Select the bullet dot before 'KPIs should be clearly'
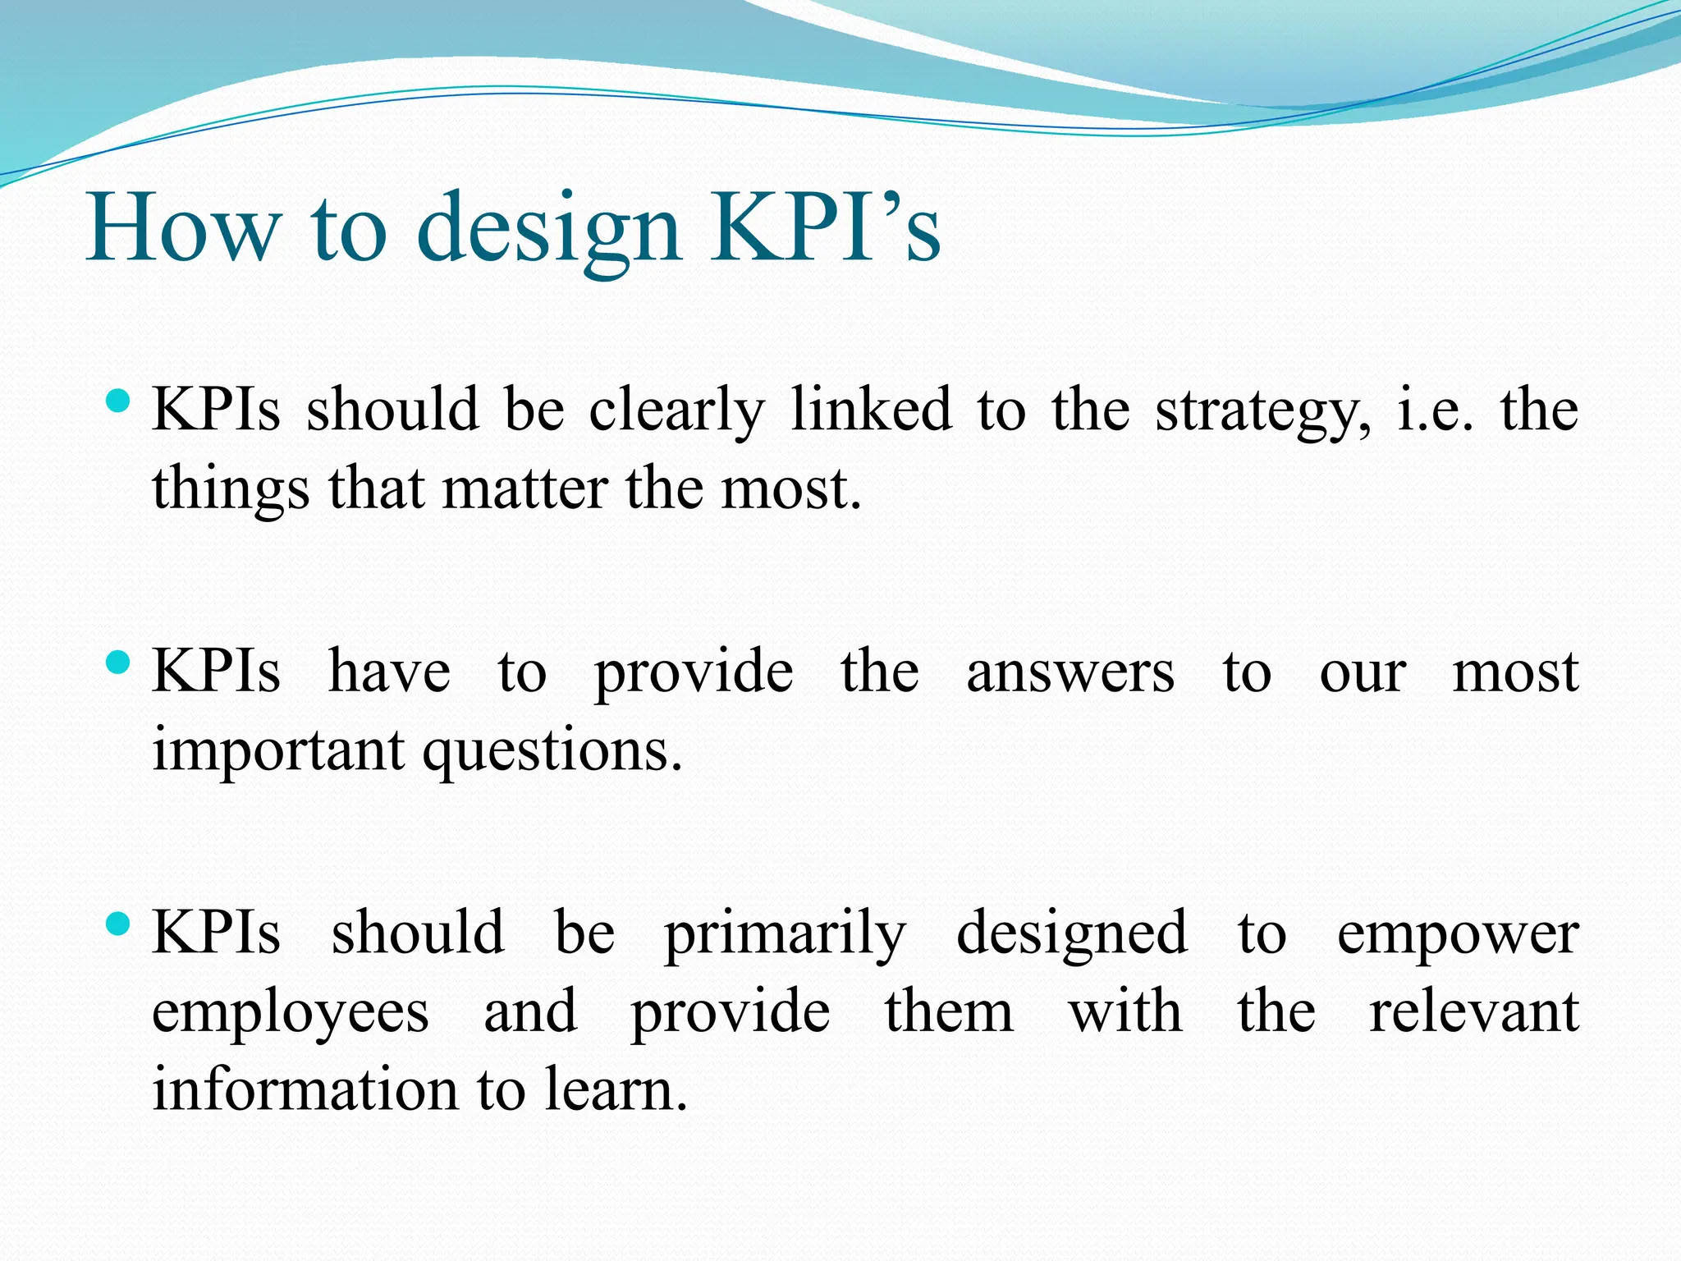119,401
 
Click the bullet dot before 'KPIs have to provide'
119,662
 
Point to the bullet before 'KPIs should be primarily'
119,924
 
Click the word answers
1070,672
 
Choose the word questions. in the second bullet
552,752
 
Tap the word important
279,752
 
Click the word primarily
786,935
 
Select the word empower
1458,935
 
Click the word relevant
1473,1011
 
